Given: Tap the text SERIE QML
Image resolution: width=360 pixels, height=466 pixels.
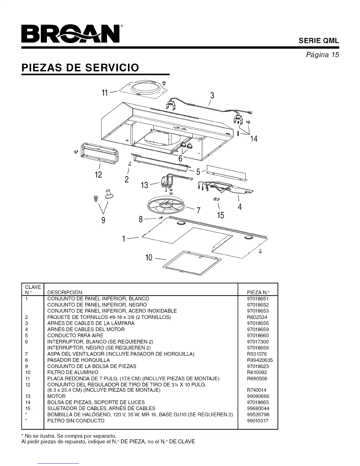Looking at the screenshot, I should click(x=319, y=41).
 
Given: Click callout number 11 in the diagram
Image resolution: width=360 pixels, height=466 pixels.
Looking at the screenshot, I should click(x=105, y=93).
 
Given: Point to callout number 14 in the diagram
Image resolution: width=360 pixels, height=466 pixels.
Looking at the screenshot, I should click(x=254, y=139).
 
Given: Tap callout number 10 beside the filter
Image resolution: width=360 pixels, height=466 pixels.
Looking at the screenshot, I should click(x=149, y=258).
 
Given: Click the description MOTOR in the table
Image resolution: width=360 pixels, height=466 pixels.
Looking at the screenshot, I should click(x=56, y=396).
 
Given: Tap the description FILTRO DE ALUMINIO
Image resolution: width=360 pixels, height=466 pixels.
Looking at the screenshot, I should click(x=73, y=372).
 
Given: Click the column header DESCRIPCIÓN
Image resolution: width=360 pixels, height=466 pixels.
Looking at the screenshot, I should click(x=65, y=292).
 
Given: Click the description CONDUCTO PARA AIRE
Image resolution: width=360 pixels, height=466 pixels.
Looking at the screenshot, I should click(x=75, y=336).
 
